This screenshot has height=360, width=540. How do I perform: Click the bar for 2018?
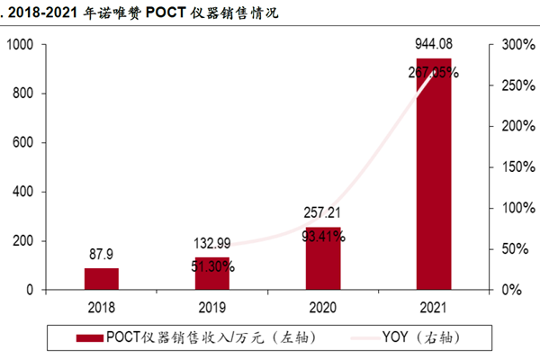[x=102, y=279]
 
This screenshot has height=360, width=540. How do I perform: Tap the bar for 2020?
[x=323, y=259]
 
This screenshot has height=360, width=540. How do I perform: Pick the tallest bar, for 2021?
[x=433, y=175]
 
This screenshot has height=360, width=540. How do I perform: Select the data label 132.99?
[x=212, y=244]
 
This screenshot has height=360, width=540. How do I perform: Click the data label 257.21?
[x=323, y=213]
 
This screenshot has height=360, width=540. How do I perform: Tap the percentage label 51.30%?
[x=212, y=266]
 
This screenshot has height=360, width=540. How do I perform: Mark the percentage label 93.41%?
[x=323, y=237]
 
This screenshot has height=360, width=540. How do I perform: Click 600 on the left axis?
[x=23, y=143]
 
